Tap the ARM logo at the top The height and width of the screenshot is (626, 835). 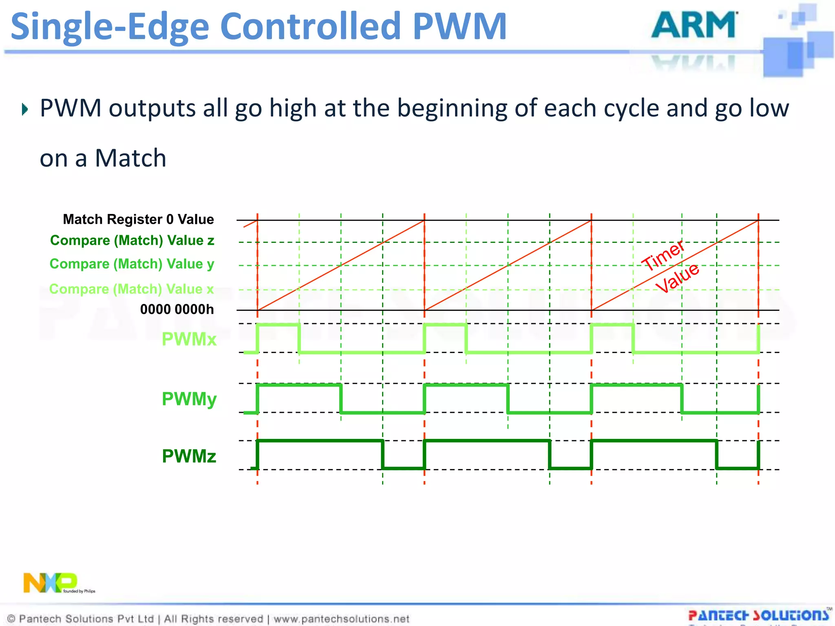pyautogui.click(x=694, y=25)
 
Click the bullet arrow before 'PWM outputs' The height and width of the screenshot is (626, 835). pyautogui.click(x=25, y=109)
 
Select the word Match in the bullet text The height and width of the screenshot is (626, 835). pyautogui.click(x=130, y=158)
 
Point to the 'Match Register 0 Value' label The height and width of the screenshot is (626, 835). pyautogui.click(x=138, y=219)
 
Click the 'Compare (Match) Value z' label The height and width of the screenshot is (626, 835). pyautogui.click(x=132, y=240)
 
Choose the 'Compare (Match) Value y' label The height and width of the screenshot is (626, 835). pyautogui.click(x=132, y=264)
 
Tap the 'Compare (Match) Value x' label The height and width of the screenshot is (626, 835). pyautogui.click(x=131, y=289)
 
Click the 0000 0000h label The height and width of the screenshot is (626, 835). pyautogui.click(x=177, y=309)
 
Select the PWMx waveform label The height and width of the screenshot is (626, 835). pyautogui.click(x=189, y=339)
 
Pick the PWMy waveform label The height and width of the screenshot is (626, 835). pyautogui.click(x=189, y=399)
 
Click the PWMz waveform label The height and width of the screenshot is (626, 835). pyautogui.click(x=189, y=456)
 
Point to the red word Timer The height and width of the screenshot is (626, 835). pyautogui.click(x=663, y=255)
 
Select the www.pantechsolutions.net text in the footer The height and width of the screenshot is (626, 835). pyautogui.click(x=341, y=619)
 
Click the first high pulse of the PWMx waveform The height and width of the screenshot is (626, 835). pyautogui.click(x=278, y=325)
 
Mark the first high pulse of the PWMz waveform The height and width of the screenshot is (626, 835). pyautogui.click(x=320, y=441)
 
